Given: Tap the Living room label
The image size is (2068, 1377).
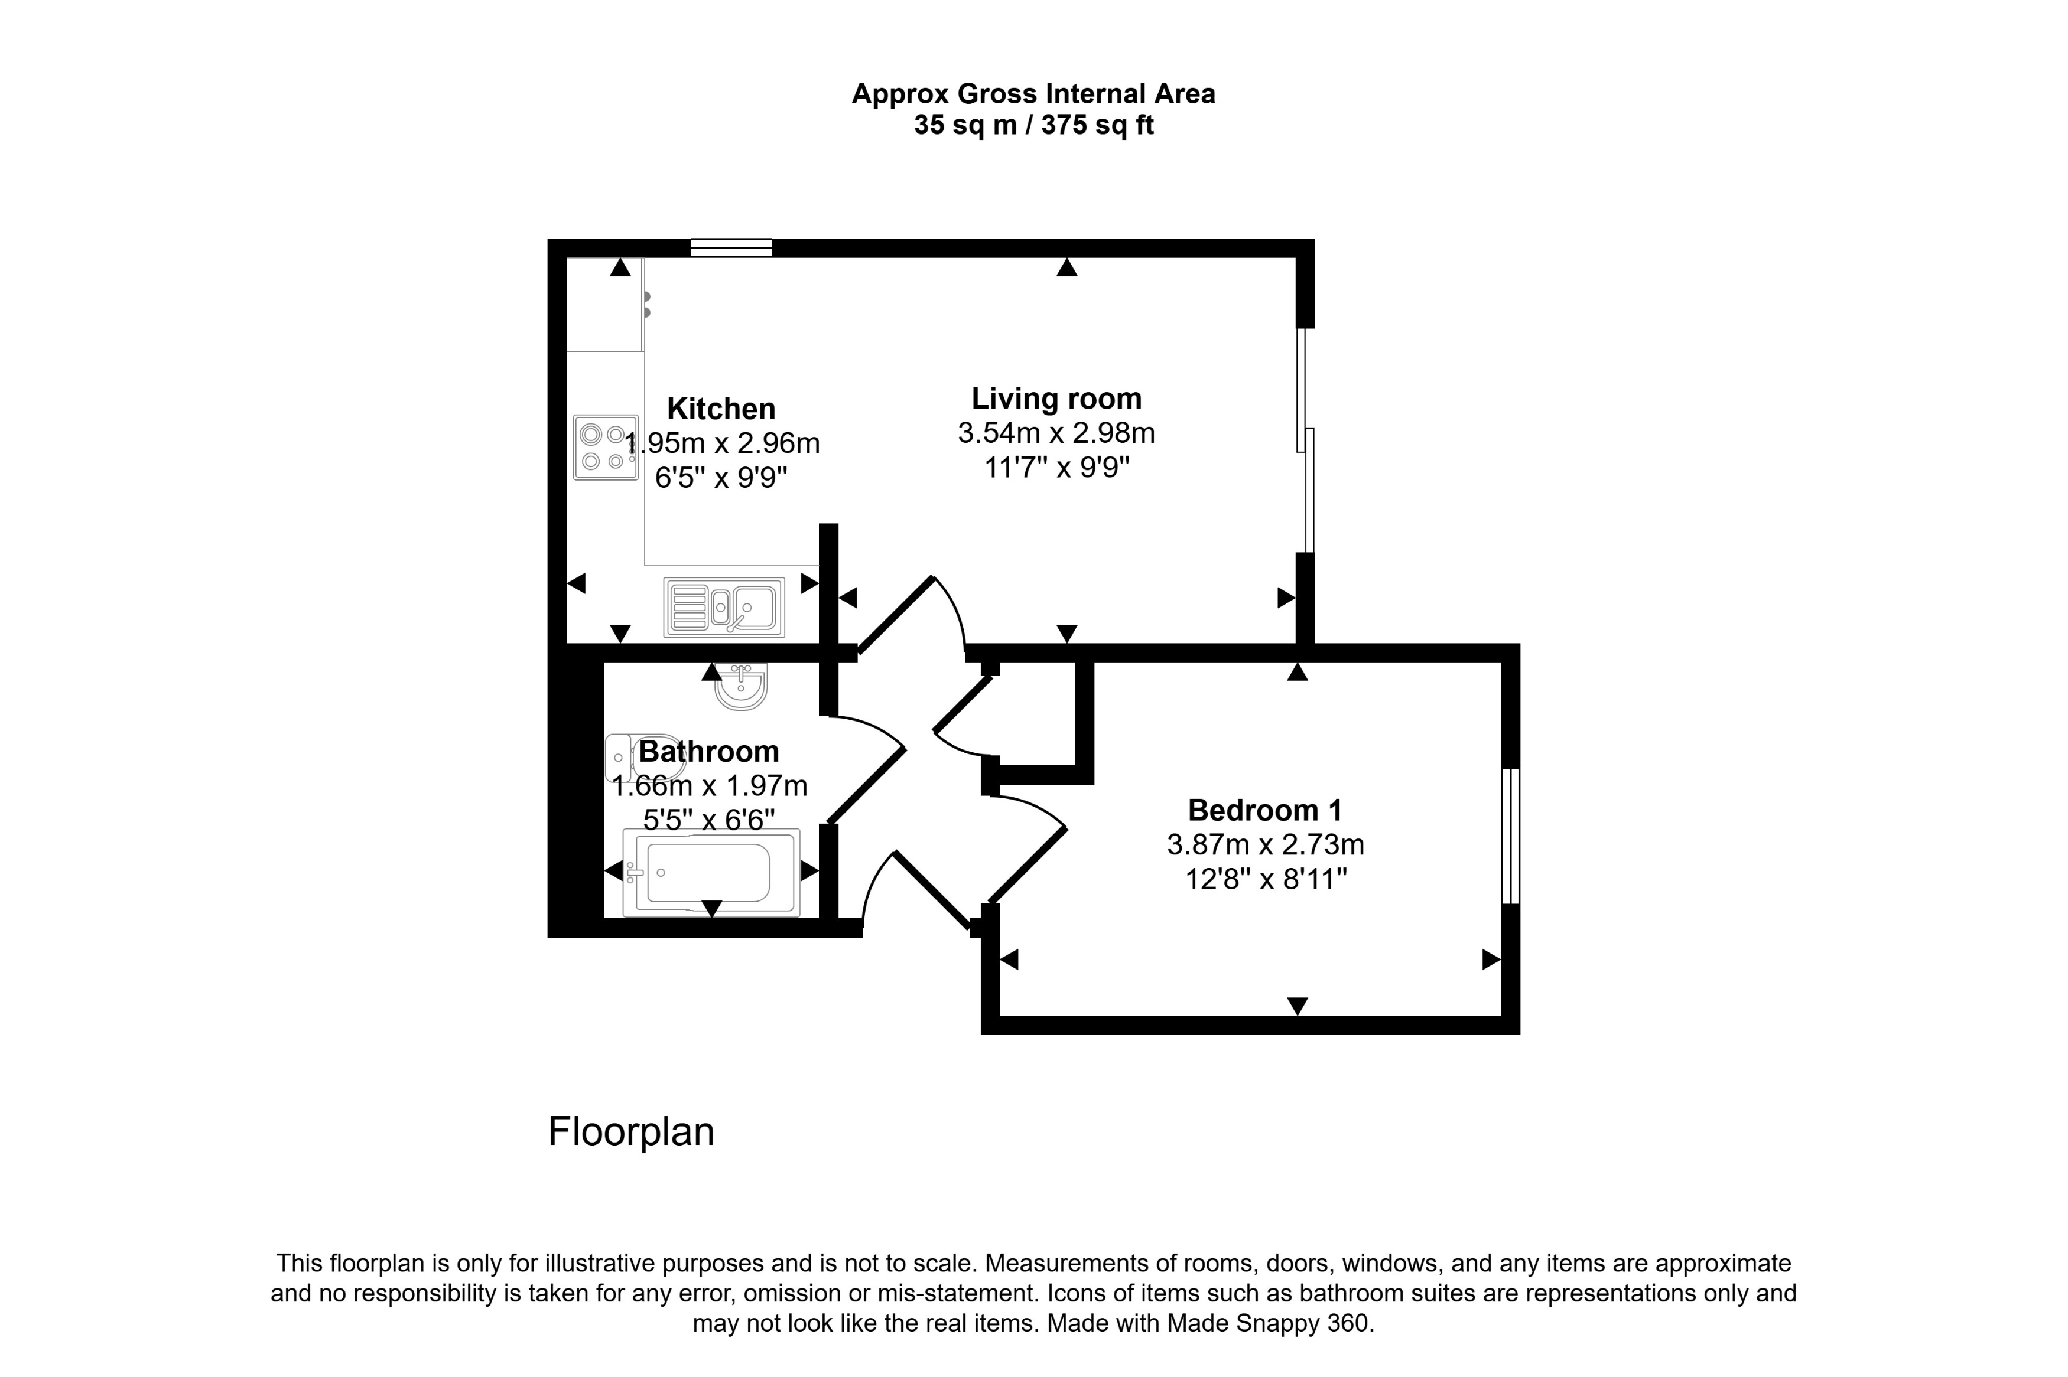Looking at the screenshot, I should pos(1056,399).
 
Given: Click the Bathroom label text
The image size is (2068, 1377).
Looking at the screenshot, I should pos(708,752).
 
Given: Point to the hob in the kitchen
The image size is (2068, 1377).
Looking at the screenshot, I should pos(605,448).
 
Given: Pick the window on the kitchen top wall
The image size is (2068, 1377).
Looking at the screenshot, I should pos(731,247).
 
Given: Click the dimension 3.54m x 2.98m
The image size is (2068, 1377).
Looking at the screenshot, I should pos(1056,433).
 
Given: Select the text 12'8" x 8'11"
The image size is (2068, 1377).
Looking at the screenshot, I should pos(1265,879).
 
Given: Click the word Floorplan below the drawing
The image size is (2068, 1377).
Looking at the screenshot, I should pos(631,1132).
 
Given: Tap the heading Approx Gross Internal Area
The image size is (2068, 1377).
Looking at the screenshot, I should pos(1033,94).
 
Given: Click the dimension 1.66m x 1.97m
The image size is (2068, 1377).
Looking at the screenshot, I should pos(709,785).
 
